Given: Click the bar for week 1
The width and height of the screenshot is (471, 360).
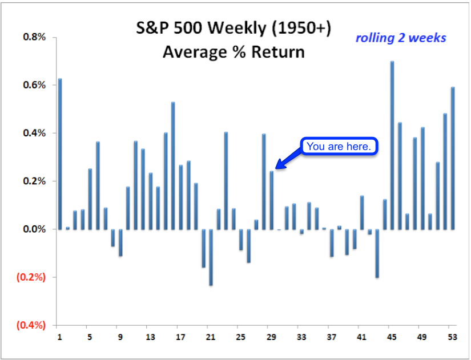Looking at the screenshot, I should pos(60,154).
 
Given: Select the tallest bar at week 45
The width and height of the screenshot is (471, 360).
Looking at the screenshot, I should pos(392,145).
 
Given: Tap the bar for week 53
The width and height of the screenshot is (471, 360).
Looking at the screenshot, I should pos(453,158).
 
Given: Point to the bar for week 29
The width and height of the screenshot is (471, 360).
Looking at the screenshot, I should pos(271,200).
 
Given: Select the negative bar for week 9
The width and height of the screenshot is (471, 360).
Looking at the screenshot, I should pos(120,242).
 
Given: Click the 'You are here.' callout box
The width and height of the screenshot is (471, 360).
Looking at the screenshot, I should pos(339,147).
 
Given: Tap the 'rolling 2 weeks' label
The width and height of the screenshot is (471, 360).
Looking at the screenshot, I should pos(401,38).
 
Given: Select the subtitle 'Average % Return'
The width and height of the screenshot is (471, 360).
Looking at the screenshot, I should pos(234,52).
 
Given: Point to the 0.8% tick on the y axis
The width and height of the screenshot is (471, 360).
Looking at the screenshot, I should pos(33,37).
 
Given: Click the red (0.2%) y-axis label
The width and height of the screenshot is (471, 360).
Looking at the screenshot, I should pos(31,277).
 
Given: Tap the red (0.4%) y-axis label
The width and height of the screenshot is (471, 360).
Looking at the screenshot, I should pos(31,325).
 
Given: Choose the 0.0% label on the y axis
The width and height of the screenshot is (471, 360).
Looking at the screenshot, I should pos(33,229).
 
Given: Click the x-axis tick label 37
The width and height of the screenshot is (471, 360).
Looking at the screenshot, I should pos(331,337).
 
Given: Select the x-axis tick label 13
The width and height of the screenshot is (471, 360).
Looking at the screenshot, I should pos(150,337).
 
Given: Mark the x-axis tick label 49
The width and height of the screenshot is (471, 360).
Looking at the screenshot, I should pos(422,337).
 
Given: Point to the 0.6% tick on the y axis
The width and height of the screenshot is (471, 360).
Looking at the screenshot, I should pos(33,85).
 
